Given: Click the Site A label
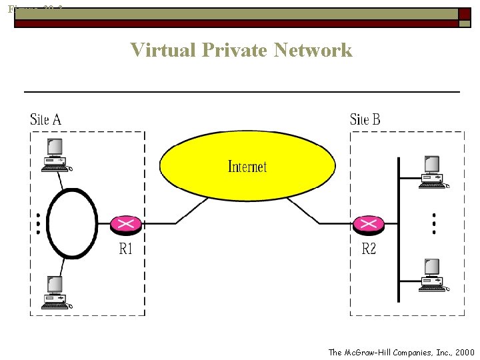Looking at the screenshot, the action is point(46,120).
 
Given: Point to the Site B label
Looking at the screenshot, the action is point(365,120).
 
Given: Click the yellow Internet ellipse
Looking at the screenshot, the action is point(247,166).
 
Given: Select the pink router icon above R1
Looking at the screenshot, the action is point(126,225).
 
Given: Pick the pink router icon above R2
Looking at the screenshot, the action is point(369,225).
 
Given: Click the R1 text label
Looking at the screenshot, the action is point(126,249).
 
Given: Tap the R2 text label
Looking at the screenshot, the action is point(369,249).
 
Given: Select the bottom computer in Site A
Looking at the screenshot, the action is point(55,293).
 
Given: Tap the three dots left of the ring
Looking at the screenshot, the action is point(38,223).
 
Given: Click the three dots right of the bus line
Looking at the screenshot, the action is point(434,223).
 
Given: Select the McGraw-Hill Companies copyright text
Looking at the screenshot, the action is point(401,352).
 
